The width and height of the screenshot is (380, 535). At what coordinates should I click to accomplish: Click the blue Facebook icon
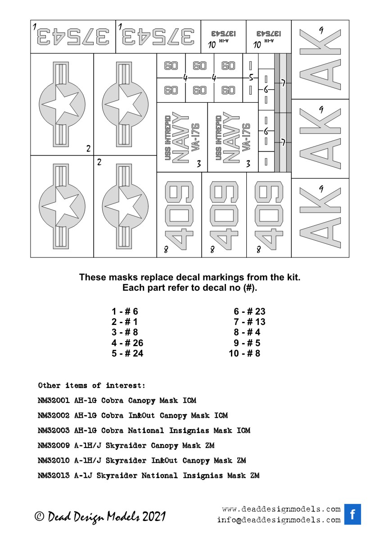pyautogui.click(x=353, y=514)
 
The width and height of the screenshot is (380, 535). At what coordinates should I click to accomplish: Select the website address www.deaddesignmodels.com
pyautogui.click(x=281, y=509)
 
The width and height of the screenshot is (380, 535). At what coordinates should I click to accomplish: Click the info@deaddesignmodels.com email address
pyautogui.click(x=278, y=520)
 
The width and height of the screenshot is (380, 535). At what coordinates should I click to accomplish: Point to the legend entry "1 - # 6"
pyautogui.click(x=125, y=311)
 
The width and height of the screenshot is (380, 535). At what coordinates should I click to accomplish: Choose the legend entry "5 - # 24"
pyautogui.click(x=127, y=354)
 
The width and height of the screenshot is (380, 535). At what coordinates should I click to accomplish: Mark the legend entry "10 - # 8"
pyautogui.click(x=244, y=354)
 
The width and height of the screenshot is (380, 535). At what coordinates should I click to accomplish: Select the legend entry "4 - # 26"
pyautogui.click(x=127, y=343)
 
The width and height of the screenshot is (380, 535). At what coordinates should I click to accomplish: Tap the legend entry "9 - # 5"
pyautogui.click(x=247, y=343)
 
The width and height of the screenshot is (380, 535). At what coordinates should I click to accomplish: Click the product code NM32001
pyautogui.click(x=54, y=400)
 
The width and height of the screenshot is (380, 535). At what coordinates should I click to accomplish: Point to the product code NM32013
pyautogui.click(x=54, y=476)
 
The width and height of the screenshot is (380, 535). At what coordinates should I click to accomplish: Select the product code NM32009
pyautogui.click(x=54, y=446)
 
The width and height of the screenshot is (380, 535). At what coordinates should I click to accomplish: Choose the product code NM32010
pyautogui.click(x=54, y=461)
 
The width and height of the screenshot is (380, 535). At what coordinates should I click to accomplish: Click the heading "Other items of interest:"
pyautogui.click(x=92, y=385)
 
